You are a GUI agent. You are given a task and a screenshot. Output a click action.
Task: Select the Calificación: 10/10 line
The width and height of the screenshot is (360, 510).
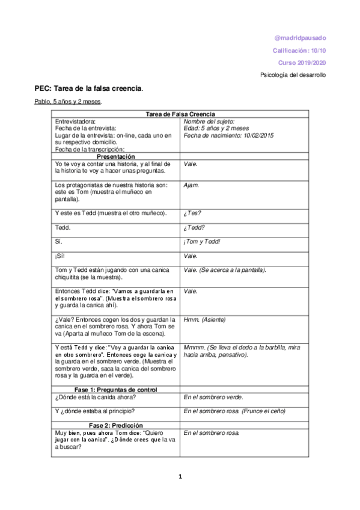(x=299, y=51)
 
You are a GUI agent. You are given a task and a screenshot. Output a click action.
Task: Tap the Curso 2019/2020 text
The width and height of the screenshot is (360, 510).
(x=303, y=63)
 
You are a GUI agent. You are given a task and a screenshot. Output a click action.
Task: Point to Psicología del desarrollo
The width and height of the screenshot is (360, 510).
(x=295, y=75)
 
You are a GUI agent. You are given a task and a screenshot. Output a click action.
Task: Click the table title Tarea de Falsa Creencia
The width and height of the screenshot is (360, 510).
(x=180, y=114)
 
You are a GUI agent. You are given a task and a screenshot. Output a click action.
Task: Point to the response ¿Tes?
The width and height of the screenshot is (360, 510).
(x=192, y=214)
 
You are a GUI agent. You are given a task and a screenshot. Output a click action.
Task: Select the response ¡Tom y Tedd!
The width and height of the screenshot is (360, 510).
(x=203, y=241)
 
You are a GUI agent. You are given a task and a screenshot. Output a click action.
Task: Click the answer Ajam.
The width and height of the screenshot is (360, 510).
(x=192, y=185)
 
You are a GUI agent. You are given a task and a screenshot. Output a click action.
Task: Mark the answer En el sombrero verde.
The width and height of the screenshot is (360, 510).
(x=213, y=398)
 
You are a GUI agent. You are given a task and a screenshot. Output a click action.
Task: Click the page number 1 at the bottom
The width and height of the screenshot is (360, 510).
(x=180, y=477)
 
